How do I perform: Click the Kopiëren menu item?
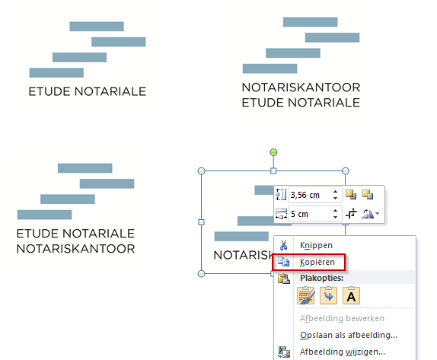317,262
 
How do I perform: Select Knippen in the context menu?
316,245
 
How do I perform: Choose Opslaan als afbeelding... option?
349,335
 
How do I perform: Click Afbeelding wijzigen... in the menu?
343,352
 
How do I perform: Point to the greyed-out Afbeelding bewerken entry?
342,318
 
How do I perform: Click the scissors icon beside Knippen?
283,245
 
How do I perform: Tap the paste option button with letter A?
351,295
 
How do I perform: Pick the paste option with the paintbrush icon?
306,295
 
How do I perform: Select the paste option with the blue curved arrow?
329,295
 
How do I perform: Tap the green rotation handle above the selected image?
273,152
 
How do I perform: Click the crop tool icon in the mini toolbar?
351,214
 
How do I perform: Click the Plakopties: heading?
321,278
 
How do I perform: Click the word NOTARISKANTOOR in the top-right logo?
301,88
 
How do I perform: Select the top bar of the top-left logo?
97,27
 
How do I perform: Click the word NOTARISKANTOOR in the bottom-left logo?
76,249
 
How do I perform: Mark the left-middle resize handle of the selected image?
201,222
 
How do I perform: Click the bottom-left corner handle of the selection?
201,274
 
